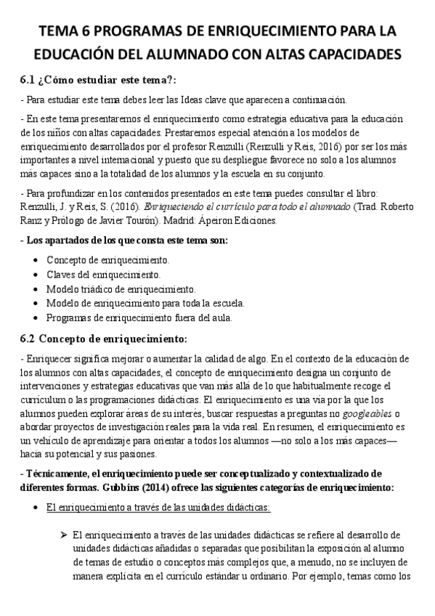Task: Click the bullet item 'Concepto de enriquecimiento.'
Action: click(108, 259)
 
